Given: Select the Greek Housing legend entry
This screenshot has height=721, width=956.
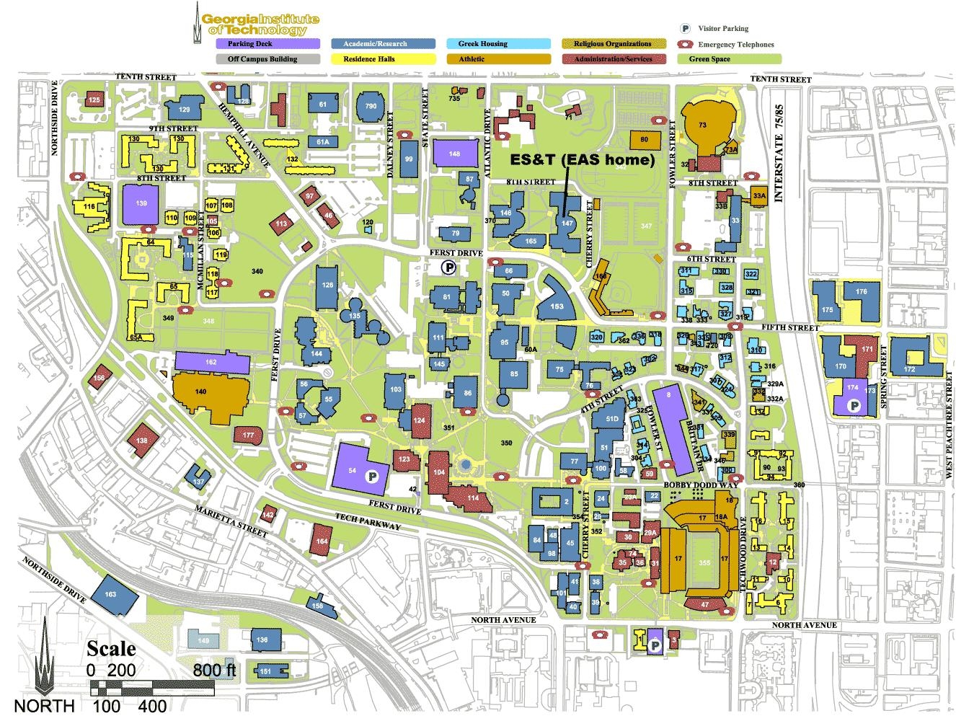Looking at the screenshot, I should pyautogui.click(x=497, y=44).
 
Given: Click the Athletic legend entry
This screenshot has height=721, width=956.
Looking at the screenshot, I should pyautogui.click(x=497, y=59).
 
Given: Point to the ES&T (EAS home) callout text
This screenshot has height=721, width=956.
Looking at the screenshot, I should pyautogui.click(x=582, y=159).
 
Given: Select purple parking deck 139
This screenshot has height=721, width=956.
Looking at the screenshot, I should pyautogui.click(x=141, y=204).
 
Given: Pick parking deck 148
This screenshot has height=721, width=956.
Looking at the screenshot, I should pyautogui.click(x=454, y=154).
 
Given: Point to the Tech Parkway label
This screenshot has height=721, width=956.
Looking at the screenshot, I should pyautogui.click(x=368, y=521).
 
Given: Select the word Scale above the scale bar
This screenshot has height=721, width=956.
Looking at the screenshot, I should pyautogui.click(x=111, y=648).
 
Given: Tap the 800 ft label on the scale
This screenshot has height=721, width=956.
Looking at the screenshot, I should pyautogui.click(x=214, y=670).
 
